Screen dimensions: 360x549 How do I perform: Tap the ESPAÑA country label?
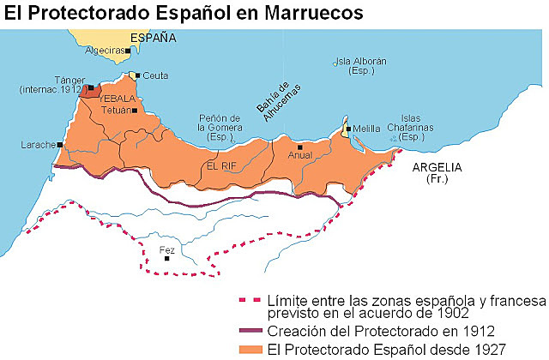(153, 39)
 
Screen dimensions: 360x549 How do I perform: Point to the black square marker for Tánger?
(90, 87)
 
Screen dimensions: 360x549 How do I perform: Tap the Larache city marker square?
(61, 145)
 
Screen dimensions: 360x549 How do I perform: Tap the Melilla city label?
(368, 129)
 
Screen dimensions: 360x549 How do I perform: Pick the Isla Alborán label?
(360, 67)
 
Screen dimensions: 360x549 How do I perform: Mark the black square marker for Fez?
(167, 258)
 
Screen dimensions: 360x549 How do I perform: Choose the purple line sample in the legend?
(252, 330)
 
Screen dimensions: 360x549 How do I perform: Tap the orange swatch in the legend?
(252, 348)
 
